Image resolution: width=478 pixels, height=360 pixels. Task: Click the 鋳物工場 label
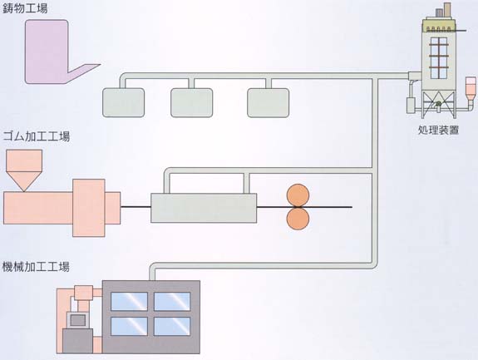25,8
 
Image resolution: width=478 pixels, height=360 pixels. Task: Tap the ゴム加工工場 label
37,136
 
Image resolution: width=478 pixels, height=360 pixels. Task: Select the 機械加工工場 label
36,267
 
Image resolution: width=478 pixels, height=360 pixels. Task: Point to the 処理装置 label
438,131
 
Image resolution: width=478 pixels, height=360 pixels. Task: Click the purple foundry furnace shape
47,52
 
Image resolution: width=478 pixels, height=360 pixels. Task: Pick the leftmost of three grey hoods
124,103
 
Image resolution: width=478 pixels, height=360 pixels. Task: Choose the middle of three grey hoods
192,103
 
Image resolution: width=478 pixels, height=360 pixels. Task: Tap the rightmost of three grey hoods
269,103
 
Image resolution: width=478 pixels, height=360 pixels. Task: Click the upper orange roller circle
298,195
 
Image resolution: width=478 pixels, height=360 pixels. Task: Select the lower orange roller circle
298,219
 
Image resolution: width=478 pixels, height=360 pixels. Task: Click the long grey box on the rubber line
204,208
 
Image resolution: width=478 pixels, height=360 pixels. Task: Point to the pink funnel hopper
24,170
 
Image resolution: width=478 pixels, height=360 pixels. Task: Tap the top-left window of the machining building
129,302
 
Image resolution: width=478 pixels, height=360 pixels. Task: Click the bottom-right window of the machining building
172,326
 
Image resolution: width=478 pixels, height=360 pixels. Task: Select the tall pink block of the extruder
89,208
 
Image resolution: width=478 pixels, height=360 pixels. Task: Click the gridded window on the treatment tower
439,57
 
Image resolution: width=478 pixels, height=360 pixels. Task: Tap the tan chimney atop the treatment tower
447,9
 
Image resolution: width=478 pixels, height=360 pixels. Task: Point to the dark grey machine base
78,341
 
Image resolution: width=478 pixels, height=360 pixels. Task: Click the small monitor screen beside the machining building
78,320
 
